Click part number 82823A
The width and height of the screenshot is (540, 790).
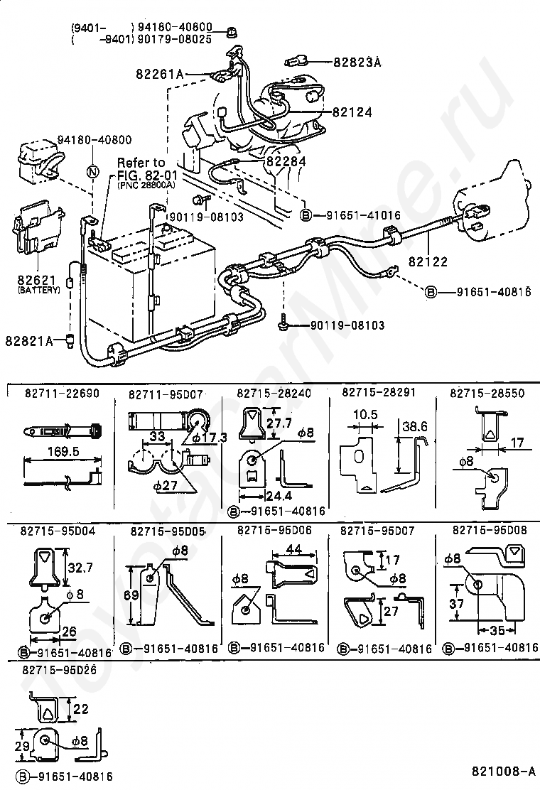tap(357, 62)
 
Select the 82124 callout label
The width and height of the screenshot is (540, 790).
tap(352, 112)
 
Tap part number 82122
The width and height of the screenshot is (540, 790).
tap(428, 261)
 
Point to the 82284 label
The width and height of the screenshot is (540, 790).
tap(286, 161)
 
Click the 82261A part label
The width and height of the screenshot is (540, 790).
tap(160, 74)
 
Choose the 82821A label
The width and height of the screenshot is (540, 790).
tap(29, 341)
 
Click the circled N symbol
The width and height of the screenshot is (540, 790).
tap(92, 171)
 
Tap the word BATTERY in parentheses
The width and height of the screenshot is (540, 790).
tap(39, 290)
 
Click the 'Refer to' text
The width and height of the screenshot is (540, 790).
tap(141, 162)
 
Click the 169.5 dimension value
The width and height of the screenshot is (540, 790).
tap(63, 451)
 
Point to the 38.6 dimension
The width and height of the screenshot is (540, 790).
tap(414, 427)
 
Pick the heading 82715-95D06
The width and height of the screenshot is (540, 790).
tap(274, 530)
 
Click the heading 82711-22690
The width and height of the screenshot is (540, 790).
tap(62, 394)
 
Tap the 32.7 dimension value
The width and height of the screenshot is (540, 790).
tap(80, 568)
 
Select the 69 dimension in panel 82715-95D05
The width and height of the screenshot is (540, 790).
tap(131, 595)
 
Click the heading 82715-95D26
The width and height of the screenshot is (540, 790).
tap(60, 670)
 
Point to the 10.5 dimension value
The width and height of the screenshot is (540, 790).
tap(365, 414)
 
